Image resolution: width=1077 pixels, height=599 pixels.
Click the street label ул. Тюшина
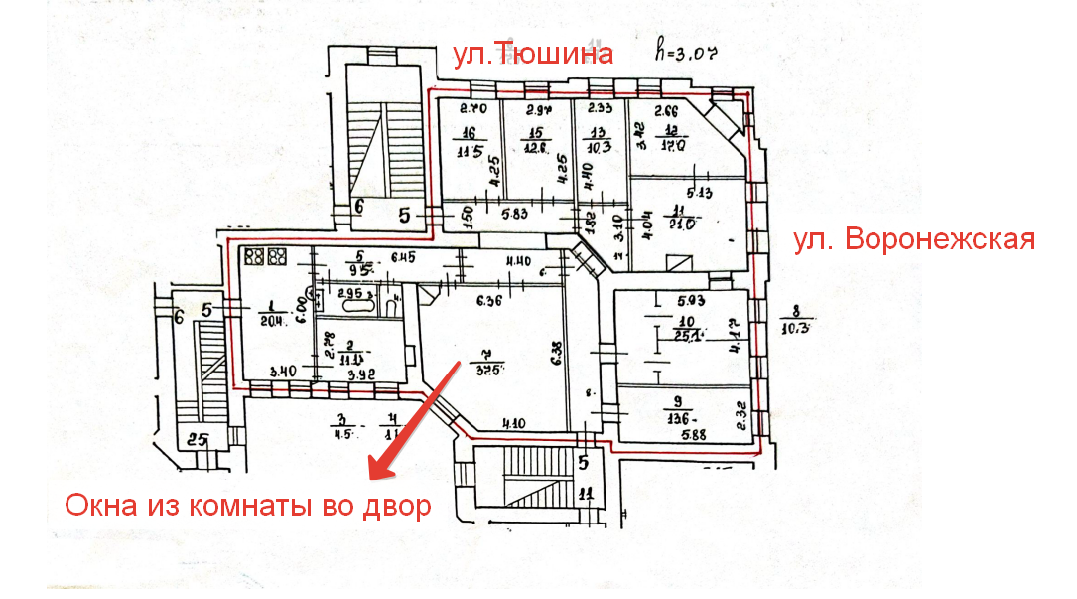(532, 54)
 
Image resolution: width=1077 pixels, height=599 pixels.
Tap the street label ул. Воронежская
(914, 240)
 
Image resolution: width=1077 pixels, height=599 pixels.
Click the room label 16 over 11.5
(468, 145)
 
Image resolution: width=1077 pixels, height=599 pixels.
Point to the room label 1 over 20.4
(272, 314)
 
